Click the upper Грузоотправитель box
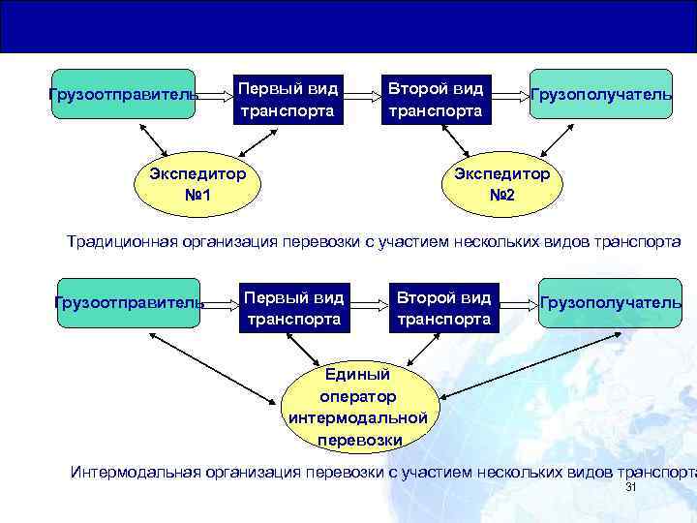(x=123, y=94)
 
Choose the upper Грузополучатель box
(x=600, y=94)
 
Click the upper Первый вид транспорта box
(x=288, y=100)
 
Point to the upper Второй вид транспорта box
(x=435, y=100)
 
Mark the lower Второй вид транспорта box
(x=443, y=307)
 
